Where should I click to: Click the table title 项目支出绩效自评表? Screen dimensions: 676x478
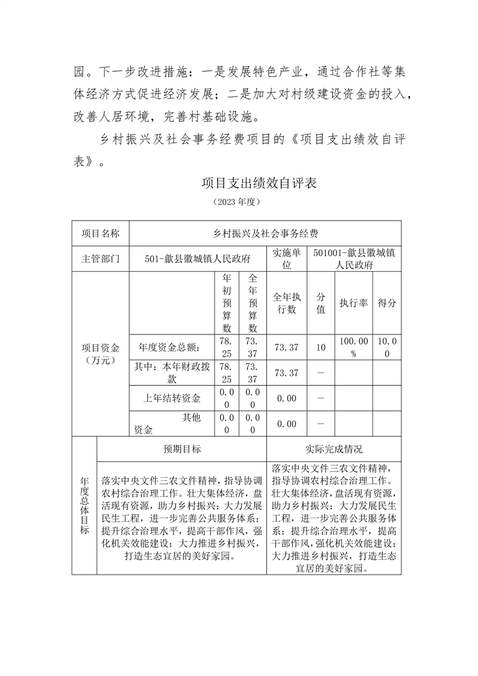[x=259, y=183]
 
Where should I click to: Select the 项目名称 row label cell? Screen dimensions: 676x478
[x=101, y=233]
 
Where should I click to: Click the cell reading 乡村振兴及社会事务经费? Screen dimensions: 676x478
[x=265, y=233]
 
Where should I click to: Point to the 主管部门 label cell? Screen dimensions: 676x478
[x=101, y=259]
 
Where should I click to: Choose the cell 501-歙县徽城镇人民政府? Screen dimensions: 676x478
[x=198, y=259]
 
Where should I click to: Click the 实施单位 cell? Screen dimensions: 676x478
[x=286, y=259]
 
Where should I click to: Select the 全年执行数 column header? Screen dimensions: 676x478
[x=286, y=303]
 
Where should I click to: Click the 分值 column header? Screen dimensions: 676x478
[x=321, y=303]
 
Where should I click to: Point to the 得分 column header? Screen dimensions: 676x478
[x=387, y=303]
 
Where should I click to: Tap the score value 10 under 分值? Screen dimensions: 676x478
[x=321, y=348]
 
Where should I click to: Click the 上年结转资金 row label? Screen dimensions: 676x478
[x=172, y=398]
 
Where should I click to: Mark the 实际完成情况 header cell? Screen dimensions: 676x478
[x=334, y=449]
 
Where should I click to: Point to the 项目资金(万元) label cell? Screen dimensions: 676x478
[x=101, y=354]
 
